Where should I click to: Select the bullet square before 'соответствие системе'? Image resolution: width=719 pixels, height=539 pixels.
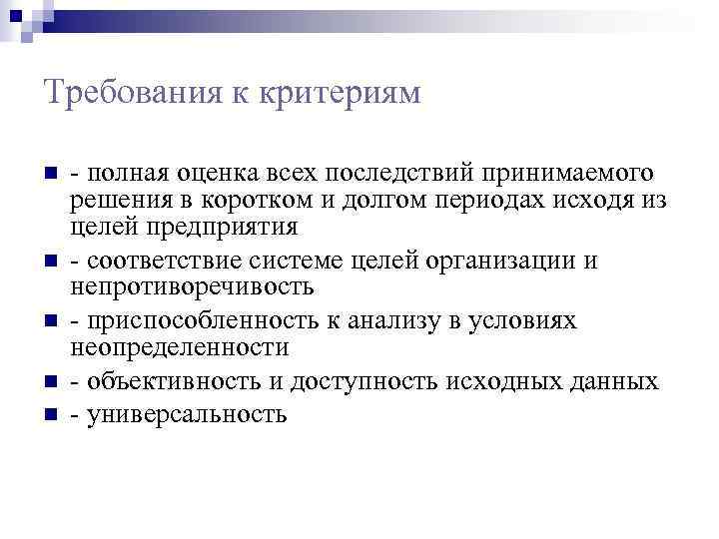coord(50,262)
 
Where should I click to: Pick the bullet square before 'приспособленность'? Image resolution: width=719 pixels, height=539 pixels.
coord(50,321)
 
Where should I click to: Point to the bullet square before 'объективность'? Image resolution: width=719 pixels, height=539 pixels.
coord(50,381)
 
